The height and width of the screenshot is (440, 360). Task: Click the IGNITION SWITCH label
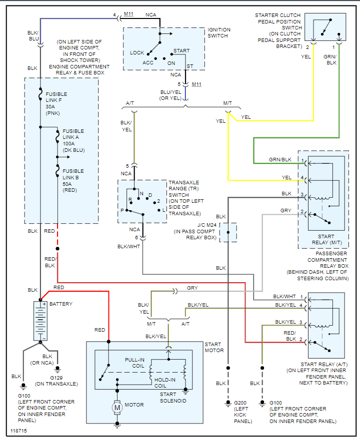coord(219,33)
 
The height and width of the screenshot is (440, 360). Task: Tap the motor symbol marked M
coord(118,408)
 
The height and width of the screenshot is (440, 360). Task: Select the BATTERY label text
coord(60,304)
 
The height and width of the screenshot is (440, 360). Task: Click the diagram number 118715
coord(18,430)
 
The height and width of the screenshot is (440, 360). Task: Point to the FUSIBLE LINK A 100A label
coord(73,140)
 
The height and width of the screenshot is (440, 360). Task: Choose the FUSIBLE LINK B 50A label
coord(73,180)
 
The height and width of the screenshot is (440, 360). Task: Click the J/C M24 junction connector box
coord(228,232)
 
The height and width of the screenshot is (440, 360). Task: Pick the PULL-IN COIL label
coord(135,363)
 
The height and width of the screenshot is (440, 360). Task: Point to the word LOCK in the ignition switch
coord(137,52)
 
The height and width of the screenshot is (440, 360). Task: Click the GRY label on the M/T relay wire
coord(285,211)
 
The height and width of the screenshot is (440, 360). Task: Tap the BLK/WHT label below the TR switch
coord(129,247)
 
